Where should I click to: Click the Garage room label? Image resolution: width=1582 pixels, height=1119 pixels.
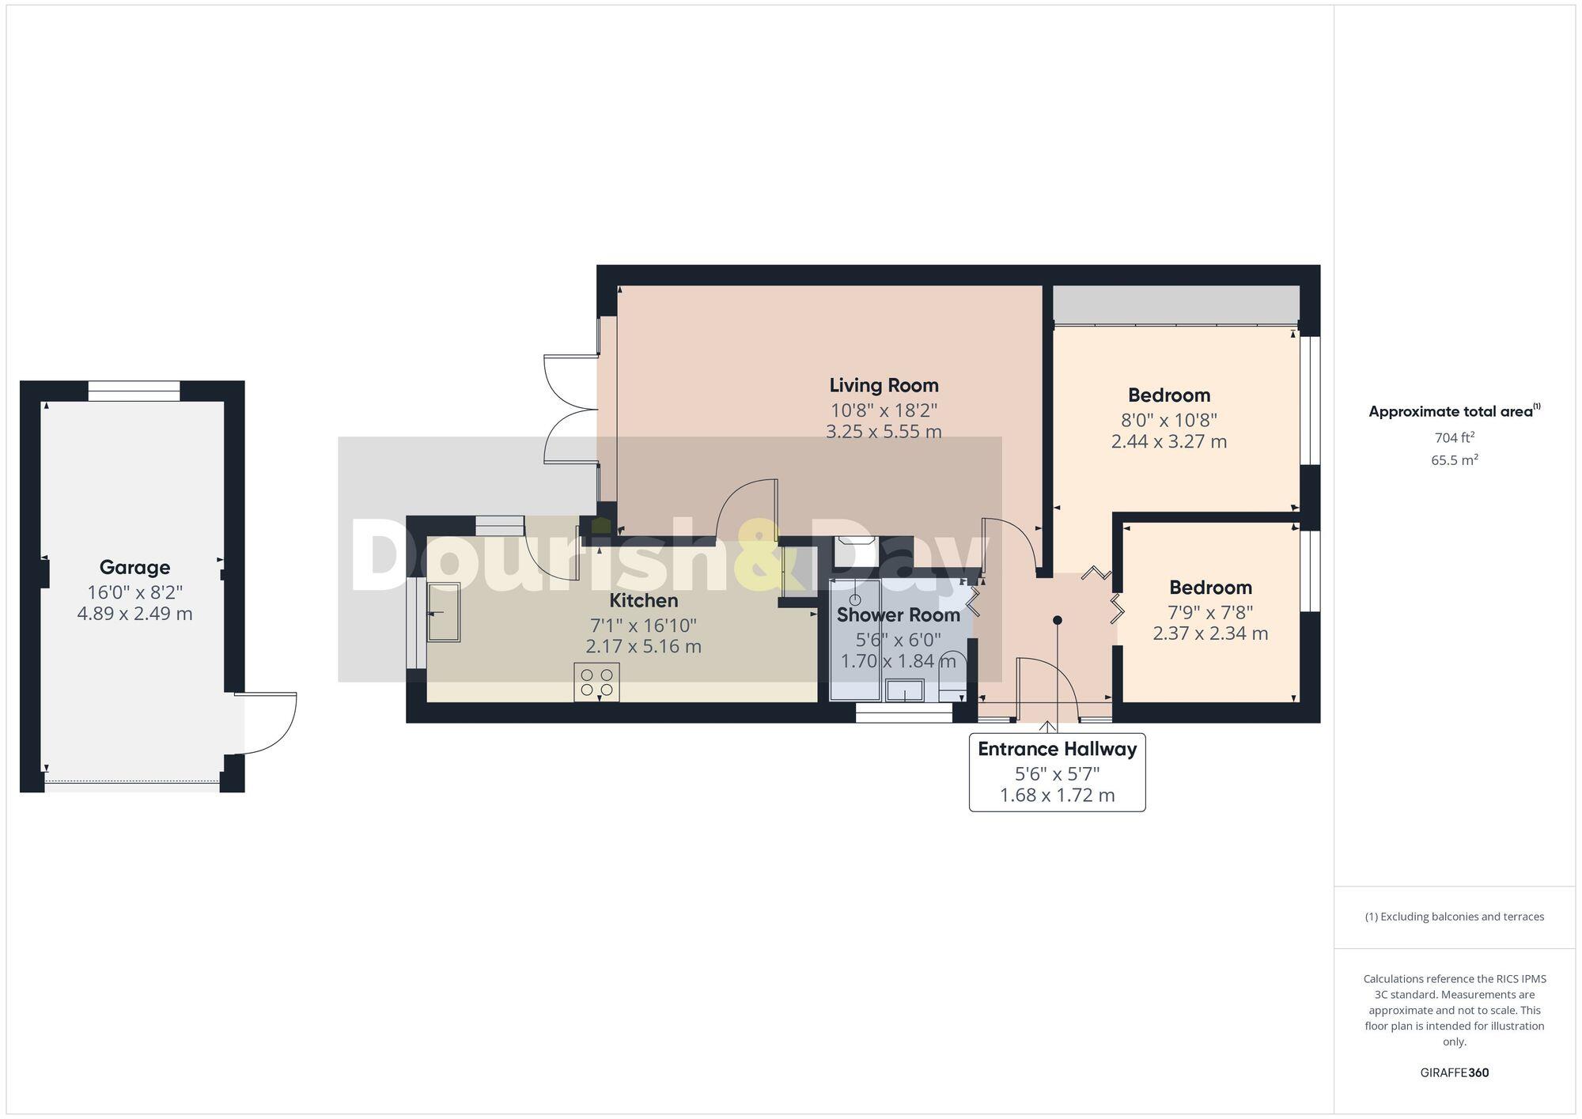click(x=134, y=567)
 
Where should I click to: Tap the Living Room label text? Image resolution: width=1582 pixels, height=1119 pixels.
click(x=884, y=385)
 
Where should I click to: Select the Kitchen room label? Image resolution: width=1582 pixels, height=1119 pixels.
click(x=643, y=600)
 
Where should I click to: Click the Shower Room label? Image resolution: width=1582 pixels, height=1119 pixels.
click(x=898, y=614)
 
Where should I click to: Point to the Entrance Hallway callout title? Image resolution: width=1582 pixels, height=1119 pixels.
click(x=1057, y=749)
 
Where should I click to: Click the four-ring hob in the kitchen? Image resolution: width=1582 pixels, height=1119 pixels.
click(x=596, y=682)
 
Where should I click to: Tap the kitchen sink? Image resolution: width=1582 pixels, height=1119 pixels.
click(x=444, y=612)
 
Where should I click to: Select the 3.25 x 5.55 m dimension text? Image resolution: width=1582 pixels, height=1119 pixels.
click(x=884, y=432)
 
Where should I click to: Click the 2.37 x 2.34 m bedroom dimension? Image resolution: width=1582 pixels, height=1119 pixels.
click(x=1210, y=633)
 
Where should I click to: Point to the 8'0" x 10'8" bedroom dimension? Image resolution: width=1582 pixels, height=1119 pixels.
click(x=1168, y=420)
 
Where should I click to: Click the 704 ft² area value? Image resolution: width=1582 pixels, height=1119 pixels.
click(x=1454, y=437)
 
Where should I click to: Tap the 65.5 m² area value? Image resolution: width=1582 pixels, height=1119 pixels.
click(x=1454, y=459)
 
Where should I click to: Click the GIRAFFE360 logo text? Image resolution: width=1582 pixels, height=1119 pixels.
click(x=1454, y=1073)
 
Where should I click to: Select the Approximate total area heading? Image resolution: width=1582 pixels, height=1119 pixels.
click(x=1454, y=411)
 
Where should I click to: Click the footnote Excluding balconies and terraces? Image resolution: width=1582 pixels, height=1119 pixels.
click(x=1454, y=917)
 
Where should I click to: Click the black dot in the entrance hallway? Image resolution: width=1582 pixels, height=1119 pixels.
click(x=1057, y=620)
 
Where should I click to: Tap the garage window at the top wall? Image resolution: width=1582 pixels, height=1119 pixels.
click(x=134, y=391)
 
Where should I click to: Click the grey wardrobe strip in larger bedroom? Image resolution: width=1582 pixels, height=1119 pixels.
click(x=1175, y=304)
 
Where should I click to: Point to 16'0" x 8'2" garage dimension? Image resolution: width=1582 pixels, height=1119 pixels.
click(x=134, y=592)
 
